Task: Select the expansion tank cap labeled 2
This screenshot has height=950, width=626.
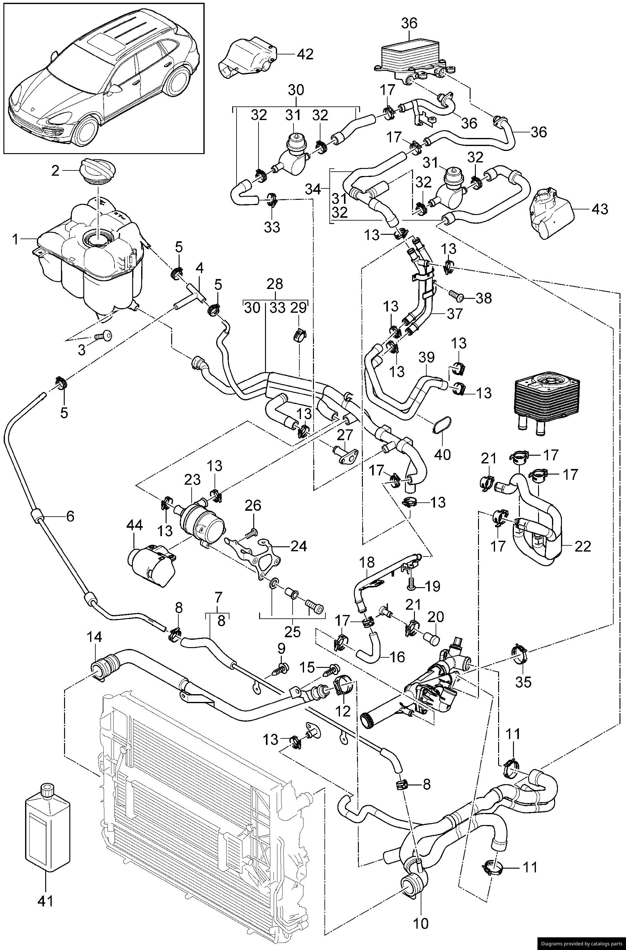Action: pyautogui.click(x=98, y=172)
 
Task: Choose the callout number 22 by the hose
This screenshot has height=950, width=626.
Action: pyautogui.click(x=582, y=546)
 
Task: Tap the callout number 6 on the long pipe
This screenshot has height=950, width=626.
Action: pyautogui.click(x=70, y=516)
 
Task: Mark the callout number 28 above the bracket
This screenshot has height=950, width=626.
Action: pyautogui.click(x=275, y=285)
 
